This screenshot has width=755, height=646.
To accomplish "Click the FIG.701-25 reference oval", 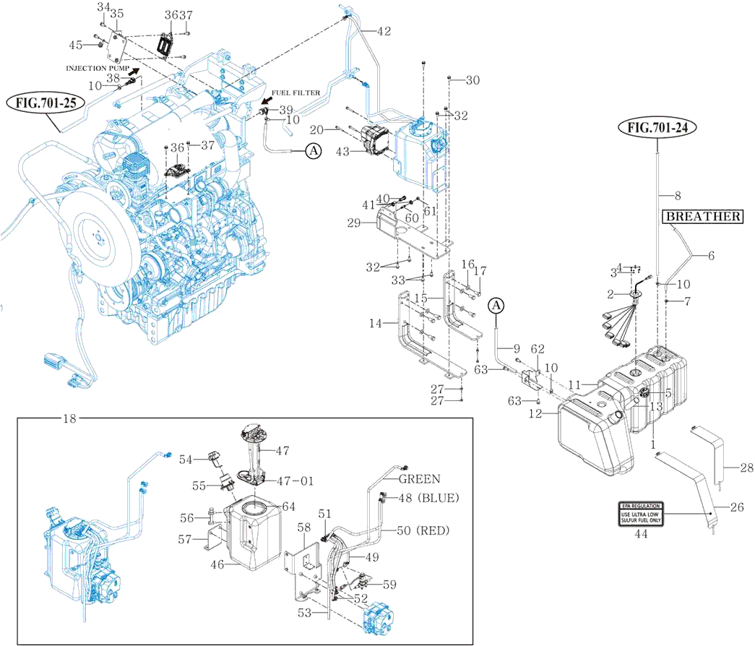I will pos(45,103).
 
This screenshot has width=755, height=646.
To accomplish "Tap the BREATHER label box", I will pos(703,216).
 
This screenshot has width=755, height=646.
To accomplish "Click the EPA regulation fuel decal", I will pos(640,514).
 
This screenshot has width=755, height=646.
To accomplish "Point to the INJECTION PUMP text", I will pos(98,69).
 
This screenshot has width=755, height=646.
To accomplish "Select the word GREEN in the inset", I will pos(419,479).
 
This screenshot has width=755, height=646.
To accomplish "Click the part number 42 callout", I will pos(383,31).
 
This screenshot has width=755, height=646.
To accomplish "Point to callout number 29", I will pos(353,224).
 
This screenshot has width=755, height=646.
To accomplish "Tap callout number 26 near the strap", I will pos(736,507).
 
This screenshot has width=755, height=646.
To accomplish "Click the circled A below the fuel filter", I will pos(313,151).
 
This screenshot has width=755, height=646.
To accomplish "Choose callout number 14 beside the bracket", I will pos(375,325).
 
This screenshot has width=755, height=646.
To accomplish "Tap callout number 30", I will pos(473,80).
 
